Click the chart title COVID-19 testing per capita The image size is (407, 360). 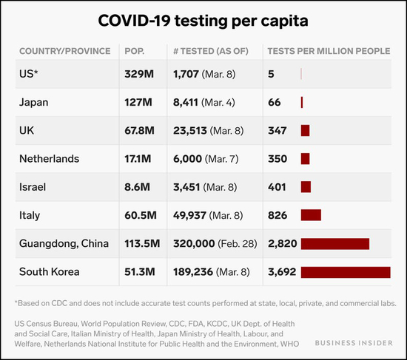(203, 20)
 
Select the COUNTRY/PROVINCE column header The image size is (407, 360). (65, 51)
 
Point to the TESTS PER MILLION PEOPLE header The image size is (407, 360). (328, 51)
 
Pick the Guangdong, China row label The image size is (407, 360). (64, 243)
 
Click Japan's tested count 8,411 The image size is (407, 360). (189, 102)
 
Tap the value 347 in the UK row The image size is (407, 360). (277, 130)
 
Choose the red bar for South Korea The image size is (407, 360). (345, 271)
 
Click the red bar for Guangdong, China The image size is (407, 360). (334, 243)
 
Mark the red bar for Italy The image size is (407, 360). (311, 215)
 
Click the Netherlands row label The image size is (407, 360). (50, 159)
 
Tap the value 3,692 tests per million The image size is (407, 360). (282, 271)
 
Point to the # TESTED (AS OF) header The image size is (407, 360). (214, 51)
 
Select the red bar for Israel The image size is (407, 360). (306, 187)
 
